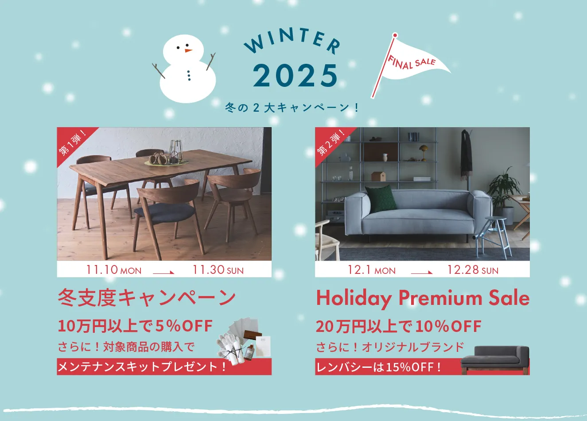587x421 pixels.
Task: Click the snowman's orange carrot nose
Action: coord(189,51)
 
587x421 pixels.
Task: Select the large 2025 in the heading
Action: coord(295,76)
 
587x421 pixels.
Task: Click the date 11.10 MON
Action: coord(114,270)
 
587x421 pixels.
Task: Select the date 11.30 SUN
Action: coord(218,270)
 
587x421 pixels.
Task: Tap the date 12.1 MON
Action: coord(371,270)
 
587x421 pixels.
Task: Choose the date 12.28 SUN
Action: coord(473,270)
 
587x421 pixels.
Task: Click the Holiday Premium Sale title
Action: coord(423,298)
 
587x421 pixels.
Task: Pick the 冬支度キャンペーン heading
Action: coord(147,298)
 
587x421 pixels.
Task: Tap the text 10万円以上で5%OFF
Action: coord(135,326)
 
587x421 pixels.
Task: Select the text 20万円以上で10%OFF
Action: coord(398,327)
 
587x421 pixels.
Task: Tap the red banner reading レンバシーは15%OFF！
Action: coord(379,367)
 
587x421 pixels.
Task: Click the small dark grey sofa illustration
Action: coord(495,359)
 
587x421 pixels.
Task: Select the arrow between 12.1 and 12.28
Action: coord(421,272)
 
